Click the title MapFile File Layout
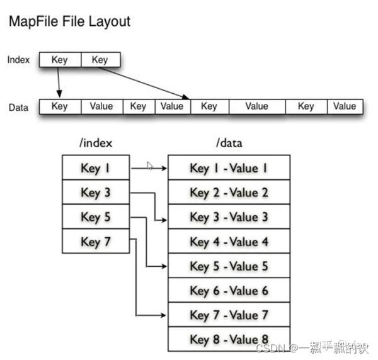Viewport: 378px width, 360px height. (x=69, y=21)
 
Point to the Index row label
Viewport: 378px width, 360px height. (x=18, y=60)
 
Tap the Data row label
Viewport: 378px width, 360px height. (x=18, y=107)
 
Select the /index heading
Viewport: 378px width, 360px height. (x=96, y=143)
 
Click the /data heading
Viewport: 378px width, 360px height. (x=229, y=143)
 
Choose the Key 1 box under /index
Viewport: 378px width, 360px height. (x=96, y=168)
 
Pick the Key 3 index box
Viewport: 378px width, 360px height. (x=96, y=193)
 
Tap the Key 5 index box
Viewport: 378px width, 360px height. (x=96, y=217)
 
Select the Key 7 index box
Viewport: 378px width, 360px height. (x=96, y=242)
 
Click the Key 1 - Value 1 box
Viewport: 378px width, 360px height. (x=229, y=168)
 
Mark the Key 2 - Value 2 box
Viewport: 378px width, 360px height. (x=229, y=193)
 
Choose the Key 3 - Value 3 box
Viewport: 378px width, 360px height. (x=229, y=217)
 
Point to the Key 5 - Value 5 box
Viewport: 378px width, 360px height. (x=229, y=266)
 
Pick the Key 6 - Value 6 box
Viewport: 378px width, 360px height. (x=229, y=291)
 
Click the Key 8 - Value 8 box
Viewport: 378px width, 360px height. (x=229, y=339)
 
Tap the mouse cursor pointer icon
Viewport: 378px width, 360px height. (x=150, y=166)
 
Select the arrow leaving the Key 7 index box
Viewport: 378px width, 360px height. (x=137, y=277)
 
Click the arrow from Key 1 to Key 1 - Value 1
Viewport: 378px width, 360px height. (x=149, y=169)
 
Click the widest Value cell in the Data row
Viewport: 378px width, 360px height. (x=256, y=106)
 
